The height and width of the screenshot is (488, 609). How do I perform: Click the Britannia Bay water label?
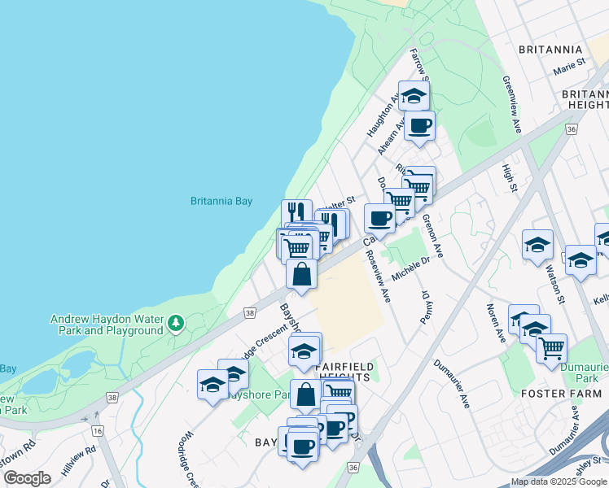click(x=221, y=201)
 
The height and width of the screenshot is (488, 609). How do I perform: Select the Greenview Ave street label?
click(x=511, y=105)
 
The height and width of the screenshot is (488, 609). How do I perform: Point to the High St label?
click(x=510, y=179)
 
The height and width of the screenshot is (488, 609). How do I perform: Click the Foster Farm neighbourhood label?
click(x=561, y=394)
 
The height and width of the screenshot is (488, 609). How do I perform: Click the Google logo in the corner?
click(x=27, y=477)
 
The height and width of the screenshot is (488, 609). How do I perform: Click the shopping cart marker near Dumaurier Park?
click(x=552, y=348)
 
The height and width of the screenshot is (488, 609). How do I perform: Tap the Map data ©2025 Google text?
click(x=559, y=482)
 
